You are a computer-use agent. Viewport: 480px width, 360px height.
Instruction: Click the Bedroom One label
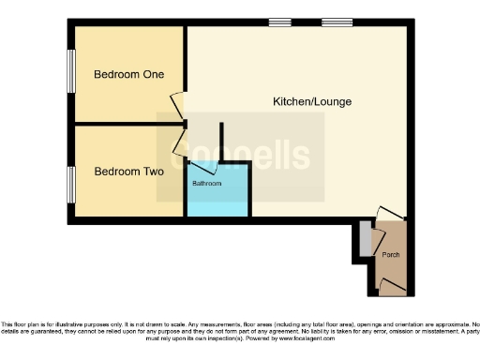(127, 76)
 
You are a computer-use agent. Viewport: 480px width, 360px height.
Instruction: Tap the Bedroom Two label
(128, 172)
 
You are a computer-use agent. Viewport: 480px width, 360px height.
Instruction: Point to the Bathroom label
(207, 184)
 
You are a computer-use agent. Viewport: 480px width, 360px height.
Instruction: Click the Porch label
(391, 254)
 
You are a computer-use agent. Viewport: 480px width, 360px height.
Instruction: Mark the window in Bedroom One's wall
(70, 72)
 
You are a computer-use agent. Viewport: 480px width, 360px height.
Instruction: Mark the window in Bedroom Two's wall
(70, 183)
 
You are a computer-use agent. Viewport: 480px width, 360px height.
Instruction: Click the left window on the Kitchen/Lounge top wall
(278, 22)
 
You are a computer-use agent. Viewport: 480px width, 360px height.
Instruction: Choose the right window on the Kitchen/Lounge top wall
(336, 22)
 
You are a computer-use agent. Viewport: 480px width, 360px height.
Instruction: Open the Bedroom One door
(177, 105)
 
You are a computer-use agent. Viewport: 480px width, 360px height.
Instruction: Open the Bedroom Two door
(177, 142)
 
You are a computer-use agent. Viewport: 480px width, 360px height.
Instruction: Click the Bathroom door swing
(203, 169)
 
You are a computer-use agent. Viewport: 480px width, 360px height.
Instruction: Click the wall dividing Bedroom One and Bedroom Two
(127, 123)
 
